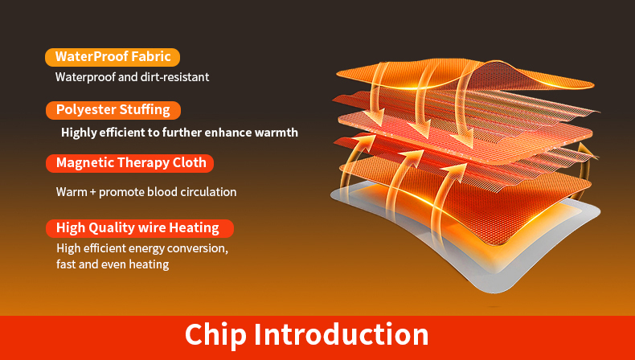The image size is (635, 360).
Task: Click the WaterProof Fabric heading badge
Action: (x=113, y=57)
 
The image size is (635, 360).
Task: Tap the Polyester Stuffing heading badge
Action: (x=113, y=110)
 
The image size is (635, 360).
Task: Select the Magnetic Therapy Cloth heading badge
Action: (x=129, y=163)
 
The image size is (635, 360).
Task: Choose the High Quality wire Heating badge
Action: (x=140, y=228)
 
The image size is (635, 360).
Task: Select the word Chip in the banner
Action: (x=215, y=335)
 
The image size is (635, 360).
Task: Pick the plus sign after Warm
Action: (x=92, y=192)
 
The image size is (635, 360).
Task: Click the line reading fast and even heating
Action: (x=113, y=264)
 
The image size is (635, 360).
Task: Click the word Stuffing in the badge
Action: (x=146, y=111)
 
